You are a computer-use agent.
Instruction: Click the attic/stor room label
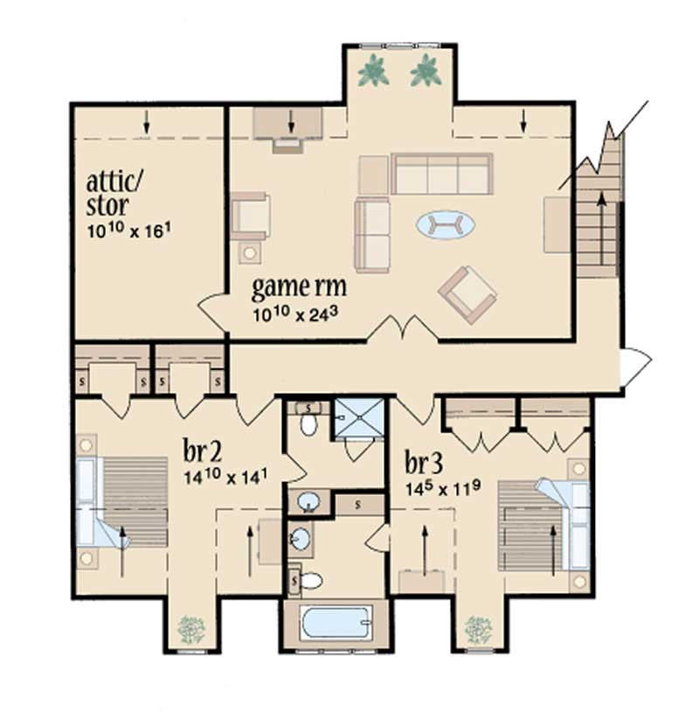(119, 193)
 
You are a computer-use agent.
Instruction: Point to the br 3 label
(423, 461)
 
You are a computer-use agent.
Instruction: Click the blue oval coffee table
(446, 225)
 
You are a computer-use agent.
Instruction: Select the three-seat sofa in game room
(441, 175)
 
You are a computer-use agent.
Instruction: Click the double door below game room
(401, 330)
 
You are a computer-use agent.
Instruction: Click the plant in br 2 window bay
(190, 628)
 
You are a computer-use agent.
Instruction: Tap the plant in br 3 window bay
(478, 628)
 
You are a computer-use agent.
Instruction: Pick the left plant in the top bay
(373, 71)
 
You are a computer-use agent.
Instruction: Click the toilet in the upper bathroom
(308, 421)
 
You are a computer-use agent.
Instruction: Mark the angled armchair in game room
(467, 293)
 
